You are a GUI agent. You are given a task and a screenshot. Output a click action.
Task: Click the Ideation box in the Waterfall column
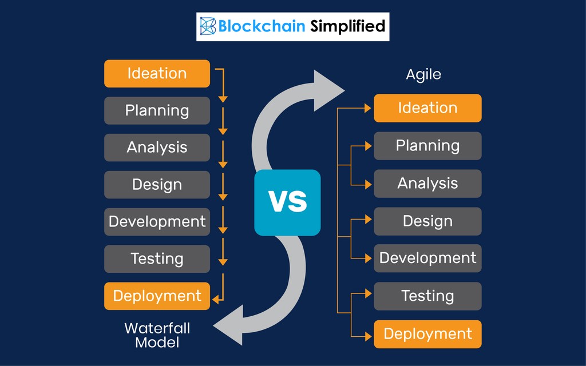coord(157,74)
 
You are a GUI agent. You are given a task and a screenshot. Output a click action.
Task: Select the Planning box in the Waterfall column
coord(157,110)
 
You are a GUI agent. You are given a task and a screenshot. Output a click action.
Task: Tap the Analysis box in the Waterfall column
coord(157,148)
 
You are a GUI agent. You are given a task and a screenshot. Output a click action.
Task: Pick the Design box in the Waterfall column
coord(157,185)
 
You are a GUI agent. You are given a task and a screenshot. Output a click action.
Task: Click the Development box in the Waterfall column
coord(157,222)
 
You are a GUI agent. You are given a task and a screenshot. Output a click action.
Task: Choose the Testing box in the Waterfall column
coord(157,258)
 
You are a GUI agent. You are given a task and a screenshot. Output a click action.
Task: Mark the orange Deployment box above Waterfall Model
coord(157,296)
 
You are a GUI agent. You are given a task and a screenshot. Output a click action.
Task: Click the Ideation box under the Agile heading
coord(427,108)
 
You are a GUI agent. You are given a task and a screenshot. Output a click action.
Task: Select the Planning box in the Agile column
coord(427,146)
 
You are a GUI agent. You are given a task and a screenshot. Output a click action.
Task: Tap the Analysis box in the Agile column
coord(427,184)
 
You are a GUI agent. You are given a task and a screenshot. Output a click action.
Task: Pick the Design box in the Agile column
coord(427,221)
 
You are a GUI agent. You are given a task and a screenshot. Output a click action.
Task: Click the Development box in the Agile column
coord(427,258)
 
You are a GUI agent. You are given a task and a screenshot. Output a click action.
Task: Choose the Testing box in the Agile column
coord(427,296)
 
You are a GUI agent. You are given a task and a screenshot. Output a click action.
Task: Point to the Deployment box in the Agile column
coord(427,334)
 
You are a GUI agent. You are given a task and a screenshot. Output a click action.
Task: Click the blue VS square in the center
coord(287,202)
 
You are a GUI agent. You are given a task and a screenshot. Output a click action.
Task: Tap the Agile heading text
coord(423,74)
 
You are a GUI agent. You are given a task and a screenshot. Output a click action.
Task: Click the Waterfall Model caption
coord(157,335)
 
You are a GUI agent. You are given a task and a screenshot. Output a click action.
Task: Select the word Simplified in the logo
coord(347,26)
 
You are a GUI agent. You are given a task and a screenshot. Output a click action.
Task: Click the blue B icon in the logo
coord(207,26)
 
